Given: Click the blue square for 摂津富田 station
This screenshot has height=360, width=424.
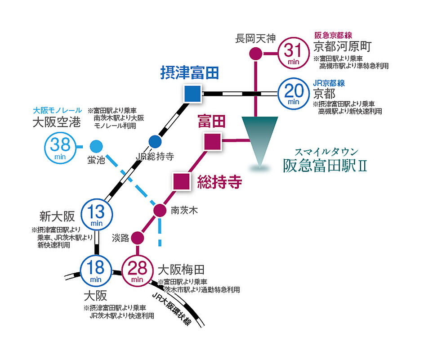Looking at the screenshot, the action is point(192,94).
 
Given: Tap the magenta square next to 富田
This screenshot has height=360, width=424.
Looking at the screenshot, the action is point(213,142).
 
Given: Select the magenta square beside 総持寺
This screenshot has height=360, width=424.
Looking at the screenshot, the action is point(182,182).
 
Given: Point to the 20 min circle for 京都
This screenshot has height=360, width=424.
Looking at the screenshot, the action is point(294,94).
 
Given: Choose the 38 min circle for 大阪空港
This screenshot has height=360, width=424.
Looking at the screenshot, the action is point(60,148).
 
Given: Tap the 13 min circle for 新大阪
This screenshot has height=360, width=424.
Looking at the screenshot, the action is point(97,214).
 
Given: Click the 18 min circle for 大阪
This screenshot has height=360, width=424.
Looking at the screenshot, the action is point(96,270).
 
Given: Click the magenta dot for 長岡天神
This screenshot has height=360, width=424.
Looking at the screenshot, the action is point(255,53).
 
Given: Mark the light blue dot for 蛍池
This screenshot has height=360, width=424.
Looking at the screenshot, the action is point(96,147).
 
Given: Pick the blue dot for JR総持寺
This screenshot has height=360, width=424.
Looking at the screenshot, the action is point(155,142).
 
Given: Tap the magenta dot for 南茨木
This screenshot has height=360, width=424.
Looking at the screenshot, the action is point(160,210).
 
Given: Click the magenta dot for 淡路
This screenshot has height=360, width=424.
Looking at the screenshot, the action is point(138,238).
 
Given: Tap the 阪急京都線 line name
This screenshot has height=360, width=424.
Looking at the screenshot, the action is point(333,36).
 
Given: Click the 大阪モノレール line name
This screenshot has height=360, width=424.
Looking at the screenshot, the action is point(57,110).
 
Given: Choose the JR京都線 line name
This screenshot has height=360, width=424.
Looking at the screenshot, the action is point(329,83).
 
